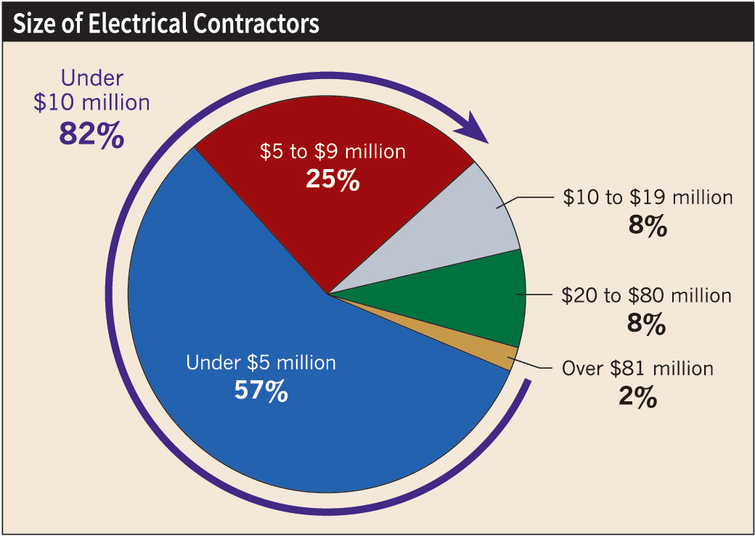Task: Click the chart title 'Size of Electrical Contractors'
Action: coord(166,23)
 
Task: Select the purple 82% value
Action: coord(91,136)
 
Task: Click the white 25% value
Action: coord(332,180)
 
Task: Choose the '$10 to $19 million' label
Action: coord(648,197)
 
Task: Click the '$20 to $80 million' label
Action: coord(646,296)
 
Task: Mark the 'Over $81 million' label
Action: coord(637,369)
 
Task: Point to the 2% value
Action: coord(638,398)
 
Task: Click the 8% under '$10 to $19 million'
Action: coord(647,226)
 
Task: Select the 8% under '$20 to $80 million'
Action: coord(646,324)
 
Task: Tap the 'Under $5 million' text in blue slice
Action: coord(261,363)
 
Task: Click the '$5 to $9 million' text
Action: coord(332,152)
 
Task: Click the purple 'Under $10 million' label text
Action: coord(91,90)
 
